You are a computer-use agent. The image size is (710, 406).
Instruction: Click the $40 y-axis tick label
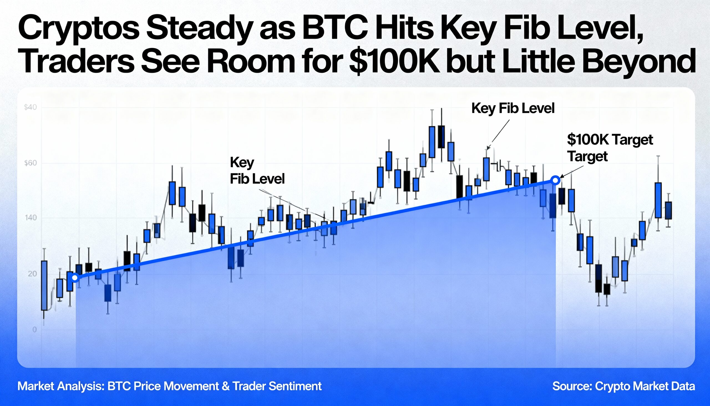coord(31,107)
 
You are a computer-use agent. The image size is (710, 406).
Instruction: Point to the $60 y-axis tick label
coord(31,163)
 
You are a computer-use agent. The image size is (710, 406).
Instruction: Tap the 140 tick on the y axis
coord(31,218)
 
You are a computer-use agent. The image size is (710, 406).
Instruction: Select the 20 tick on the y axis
coord(32,274)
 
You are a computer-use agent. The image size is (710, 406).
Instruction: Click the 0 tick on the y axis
coord(34,330)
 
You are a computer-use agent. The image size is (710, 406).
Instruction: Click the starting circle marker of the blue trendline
coord(75,278)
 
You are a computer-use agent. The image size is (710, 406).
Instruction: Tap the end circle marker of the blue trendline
coord(555,180)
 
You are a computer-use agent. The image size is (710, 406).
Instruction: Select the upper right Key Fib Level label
coord(513,108)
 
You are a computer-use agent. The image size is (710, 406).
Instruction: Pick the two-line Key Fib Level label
coord(257,171)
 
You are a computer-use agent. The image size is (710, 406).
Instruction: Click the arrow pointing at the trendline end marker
coord(571,172)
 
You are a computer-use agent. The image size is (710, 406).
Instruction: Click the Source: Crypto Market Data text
coord(623,386)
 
